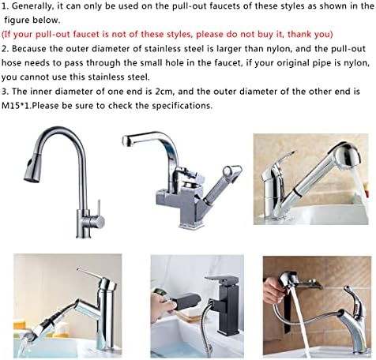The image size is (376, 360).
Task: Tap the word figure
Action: (17, 21)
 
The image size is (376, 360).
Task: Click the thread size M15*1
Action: (15, 106)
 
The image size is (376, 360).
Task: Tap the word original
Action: (265, 63)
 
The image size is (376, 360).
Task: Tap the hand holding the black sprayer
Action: (162, 306)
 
